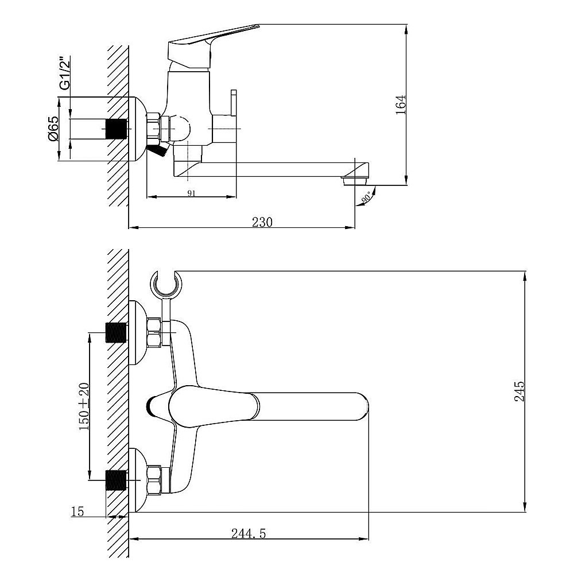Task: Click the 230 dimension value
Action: tap(262, 222)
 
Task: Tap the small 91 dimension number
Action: tap(192, 193)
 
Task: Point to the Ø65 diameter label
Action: tap(53, 128)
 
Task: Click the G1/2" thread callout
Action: tap(65, 73)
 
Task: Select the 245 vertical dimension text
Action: tap(519, 391)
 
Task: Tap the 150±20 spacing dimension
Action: tap(84, 406)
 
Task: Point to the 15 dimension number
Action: tap(77, 511)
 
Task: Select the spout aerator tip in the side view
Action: tap(355, 180)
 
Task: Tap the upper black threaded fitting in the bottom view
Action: tap(116, 333)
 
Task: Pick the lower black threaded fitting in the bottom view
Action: tap(116, 480)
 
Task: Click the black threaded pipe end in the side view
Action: tap(116, 129)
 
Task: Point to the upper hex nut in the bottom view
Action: tap(154, 332)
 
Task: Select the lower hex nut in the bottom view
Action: tap(154, 480)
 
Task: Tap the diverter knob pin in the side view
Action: tap(234, 103)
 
